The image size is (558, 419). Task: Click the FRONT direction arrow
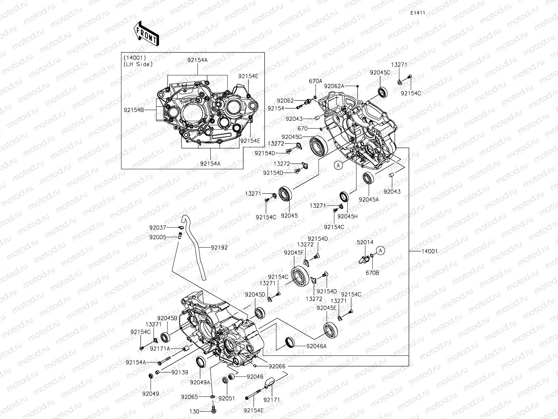point(147,33)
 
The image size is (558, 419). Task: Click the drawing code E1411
point(418,13)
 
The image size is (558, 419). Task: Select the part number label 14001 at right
point(429,251)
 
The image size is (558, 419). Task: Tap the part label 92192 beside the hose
point(219,248)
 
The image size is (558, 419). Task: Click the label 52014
point(365,242)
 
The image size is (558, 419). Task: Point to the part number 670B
point(372,273)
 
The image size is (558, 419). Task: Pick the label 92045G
point(292,137)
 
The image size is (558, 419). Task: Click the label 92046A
point(316,346)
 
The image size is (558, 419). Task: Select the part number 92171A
point(160,348)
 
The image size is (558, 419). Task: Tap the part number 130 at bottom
point(194,411)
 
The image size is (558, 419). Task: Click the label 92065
point(190,397)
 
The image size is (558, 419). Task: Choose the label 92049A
point(200,382)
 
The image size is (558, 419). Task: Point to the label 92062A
point(334,86)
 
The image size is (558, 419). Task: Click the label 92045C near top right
point(380,73)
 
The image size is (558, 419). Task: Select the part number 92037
point(158,228)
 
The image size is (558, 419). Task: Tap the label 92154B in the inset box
point(134,109)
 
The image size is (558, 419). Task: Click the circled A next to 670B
point(382,251)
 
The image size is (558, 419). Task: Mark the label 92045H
point(347,217)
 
